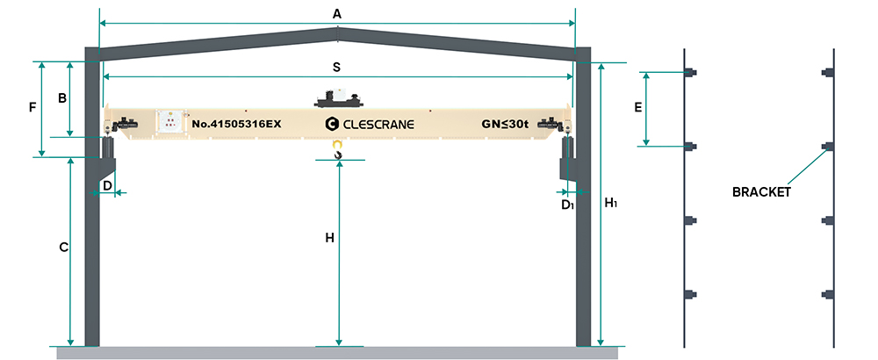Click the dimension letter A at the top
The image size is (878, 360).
point(336,12)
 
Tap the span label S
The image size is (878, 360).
point(336,67)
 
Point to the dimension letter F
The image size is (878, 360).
point(32,107)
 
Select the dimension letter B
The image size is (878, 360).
point(62,98)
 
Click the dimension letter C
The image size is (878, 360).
point(63,248)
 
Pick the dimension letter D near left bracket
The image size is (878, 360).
point(106,185)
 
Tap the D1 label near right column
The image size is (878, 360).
point(567,205)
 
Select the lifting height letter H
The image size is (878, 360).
point(329,238)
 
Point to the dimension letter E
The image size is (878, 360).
point(638,108)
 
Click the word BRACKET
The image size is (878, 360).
point(761,191)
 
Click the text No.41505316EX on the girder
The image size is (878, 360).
point(236,124)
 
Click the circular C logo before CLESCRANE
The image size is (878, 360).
point(331,124)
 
